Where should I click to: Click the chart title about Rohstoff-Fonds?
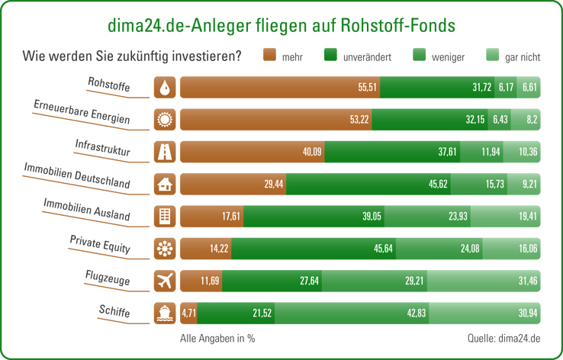click(x=281, y=25)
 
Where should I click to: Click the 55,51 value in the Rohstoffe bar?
click(x=367, y=88)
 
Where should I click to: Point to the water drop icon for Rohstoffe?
click(x=165, y=88)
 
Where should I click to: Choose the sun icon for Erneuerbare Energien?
click(x=165, y=120)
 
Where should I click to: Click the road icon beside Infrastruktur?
click(x=165, y=152)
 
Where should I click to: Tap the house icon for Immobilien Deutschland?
click(x=165, y=184)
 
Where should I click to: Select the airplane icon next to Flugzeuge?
click(x=165, y=281)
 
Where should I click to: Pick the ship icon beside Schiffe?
click(x=165, y=313)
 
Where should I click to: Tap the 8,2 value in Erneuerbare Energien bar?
click(x=531, y=120)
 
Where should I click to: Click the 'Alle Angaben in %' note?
click(x=217, y=337)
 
